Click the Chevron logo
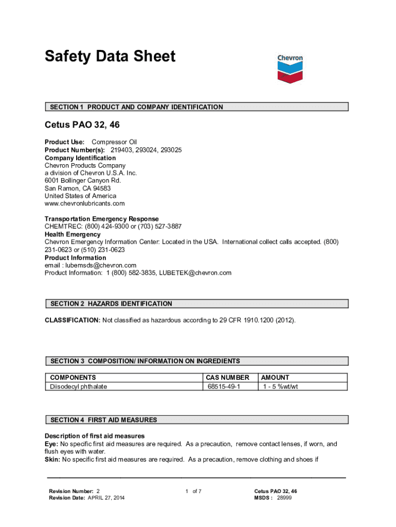click(290, 68)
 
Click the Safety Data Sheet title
click(110, 56)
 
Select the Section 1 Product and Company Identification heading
click(136, 107)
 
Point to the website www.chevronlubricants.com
click(84, 203)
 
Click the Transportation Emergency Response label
click(102, 219)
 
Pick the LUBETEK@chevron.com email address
click(195, 273)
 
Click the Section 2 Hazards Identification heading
click(111, 304)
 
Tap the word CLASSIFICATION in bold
click(72, 321)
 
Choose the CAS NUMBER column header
click(227, 377)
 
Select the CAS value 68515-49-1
click(224, 387)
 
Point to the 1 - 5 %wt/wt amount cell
click(280, 387)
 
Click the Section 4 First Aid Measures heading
click(103, 420)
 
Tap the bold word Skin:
click(52, 460)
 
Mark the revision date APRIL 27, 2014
click(105, 498)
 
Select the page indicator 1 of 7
click(193, 491)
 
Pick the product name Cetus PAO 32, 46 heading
click(82, 125)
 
